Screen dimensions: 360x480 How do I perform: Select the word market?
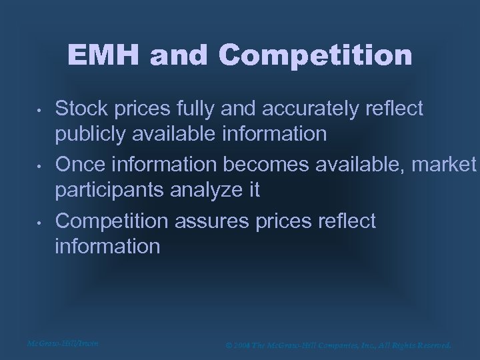[x=444, y=165]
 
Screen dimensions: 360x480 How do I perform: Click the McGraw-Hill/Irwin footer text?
[x=63, y=343]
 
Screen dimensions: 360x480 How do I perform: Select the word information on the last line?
[x=107, y=246]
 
